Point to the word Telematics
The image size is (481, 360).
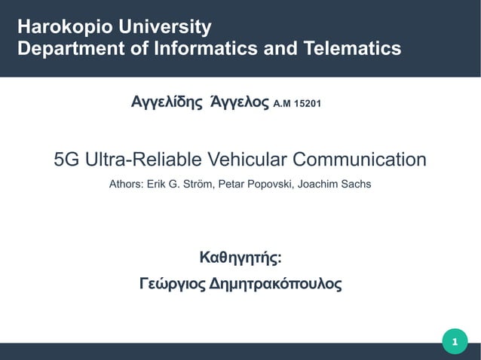coord(354,50)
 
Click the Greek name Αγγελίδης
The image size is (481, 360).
coord(167,102)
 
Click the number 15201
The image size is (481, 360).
coord(307,103)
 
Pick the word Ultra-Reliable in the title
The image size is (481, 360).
coord(142,160)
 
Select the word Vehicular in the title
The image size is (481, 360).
coord(247,160)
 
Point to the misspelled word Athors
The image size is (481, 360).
coord(126,183)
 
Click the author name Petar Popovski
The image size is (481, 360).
coord(256,183)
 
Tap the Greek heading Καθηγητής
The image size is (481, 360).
coord(240,259)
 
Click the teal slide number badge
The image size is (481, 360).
coord(455,343)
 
